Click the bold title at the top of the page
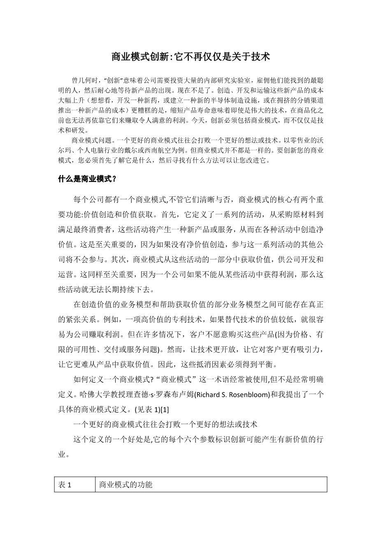[x=190, y=57]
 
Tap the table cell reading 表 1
[x=65, y=485]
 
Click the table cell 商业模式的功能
[x=126, y=485]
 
